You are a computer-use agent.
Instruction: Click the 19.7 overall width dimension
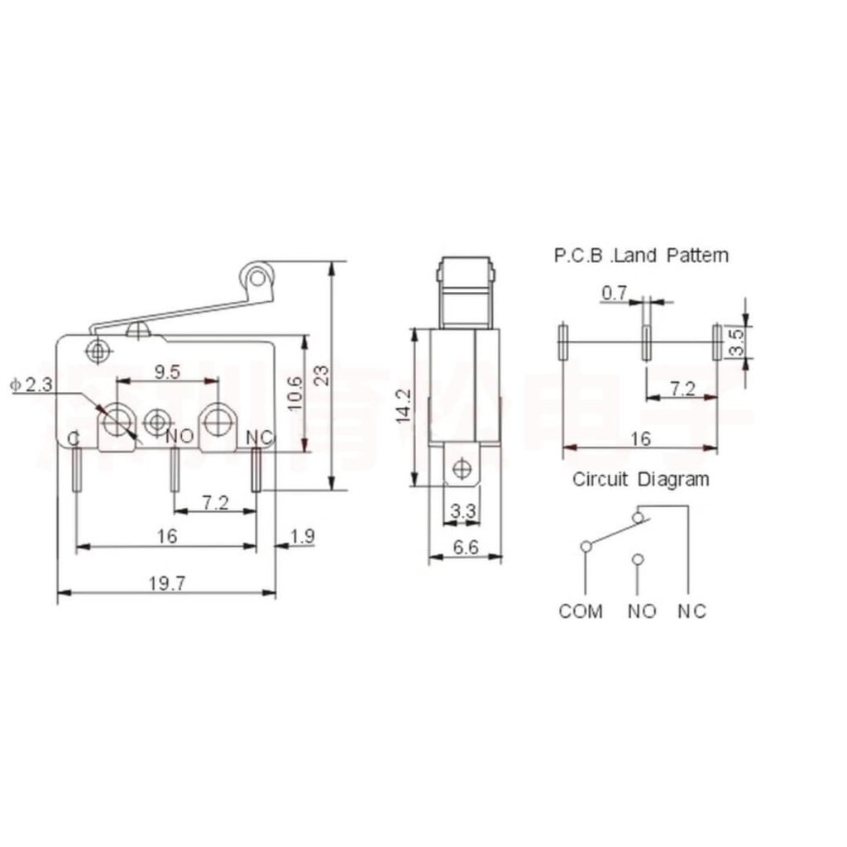pyautogui.click(x=166, y=583)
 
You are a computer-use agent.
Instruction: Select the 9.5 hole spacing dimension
pyautogui.click(x=167, y=371)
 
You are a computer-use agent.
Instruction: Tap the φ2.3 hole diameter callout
pyautogui.click(x=31, y=385)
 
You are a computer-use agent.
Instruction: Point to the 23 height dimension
pyautogui.click(x=325, y=376)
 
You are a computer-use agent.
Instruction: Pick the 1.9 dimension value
pyautogui.click(x=303, y=537)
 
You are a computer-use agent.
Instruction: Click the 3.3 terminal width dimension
pyautogui.click(x=463, y=512)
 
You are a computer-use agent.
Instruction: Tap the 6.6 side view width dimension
pyautogui.click(x=464, y=547)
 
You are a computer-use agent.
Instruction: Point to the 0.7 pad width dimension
pyautogui.click(x=615, y=292)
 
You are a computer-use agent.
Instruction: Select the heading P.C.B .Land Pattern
pyautogui.click(x=641, y=256)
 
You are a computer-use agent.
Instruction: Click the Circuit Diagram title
pyautogui.click(x=640, y=479)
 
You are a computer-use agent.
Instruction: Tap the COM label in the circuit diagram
pyautogui.click(x=581, y=611)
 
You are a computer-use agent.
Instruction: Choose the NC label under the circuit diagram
pyautogui.click(x=692, y=611)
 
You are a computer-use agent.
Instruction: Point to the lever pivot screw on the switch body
pyautogui.click(x=100, y=351)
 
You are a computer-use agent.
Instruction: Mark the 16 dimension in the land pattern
pyautogui.click(x=639, y=438)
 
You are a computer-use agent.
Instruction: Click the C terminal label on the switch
pyautogui.click(x=74, y=438)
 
